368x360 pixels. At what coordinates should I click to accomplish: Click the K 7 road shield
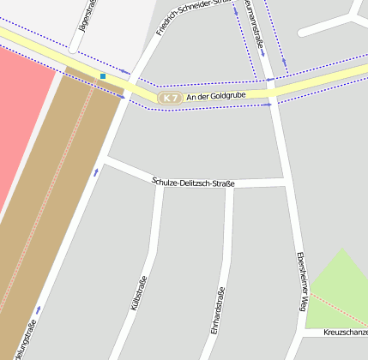point(171,99)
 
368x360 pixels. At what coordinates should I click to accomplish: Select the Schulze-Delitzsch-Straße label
point(193,182)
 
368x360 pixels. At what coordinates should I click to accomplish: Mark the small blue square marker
point(103,76)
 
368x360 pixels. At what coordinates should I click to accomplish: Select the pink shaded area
point(21,111)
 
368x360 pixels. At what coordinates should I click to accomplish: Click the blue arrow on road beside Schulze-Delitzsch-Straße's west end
point(96,172)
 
